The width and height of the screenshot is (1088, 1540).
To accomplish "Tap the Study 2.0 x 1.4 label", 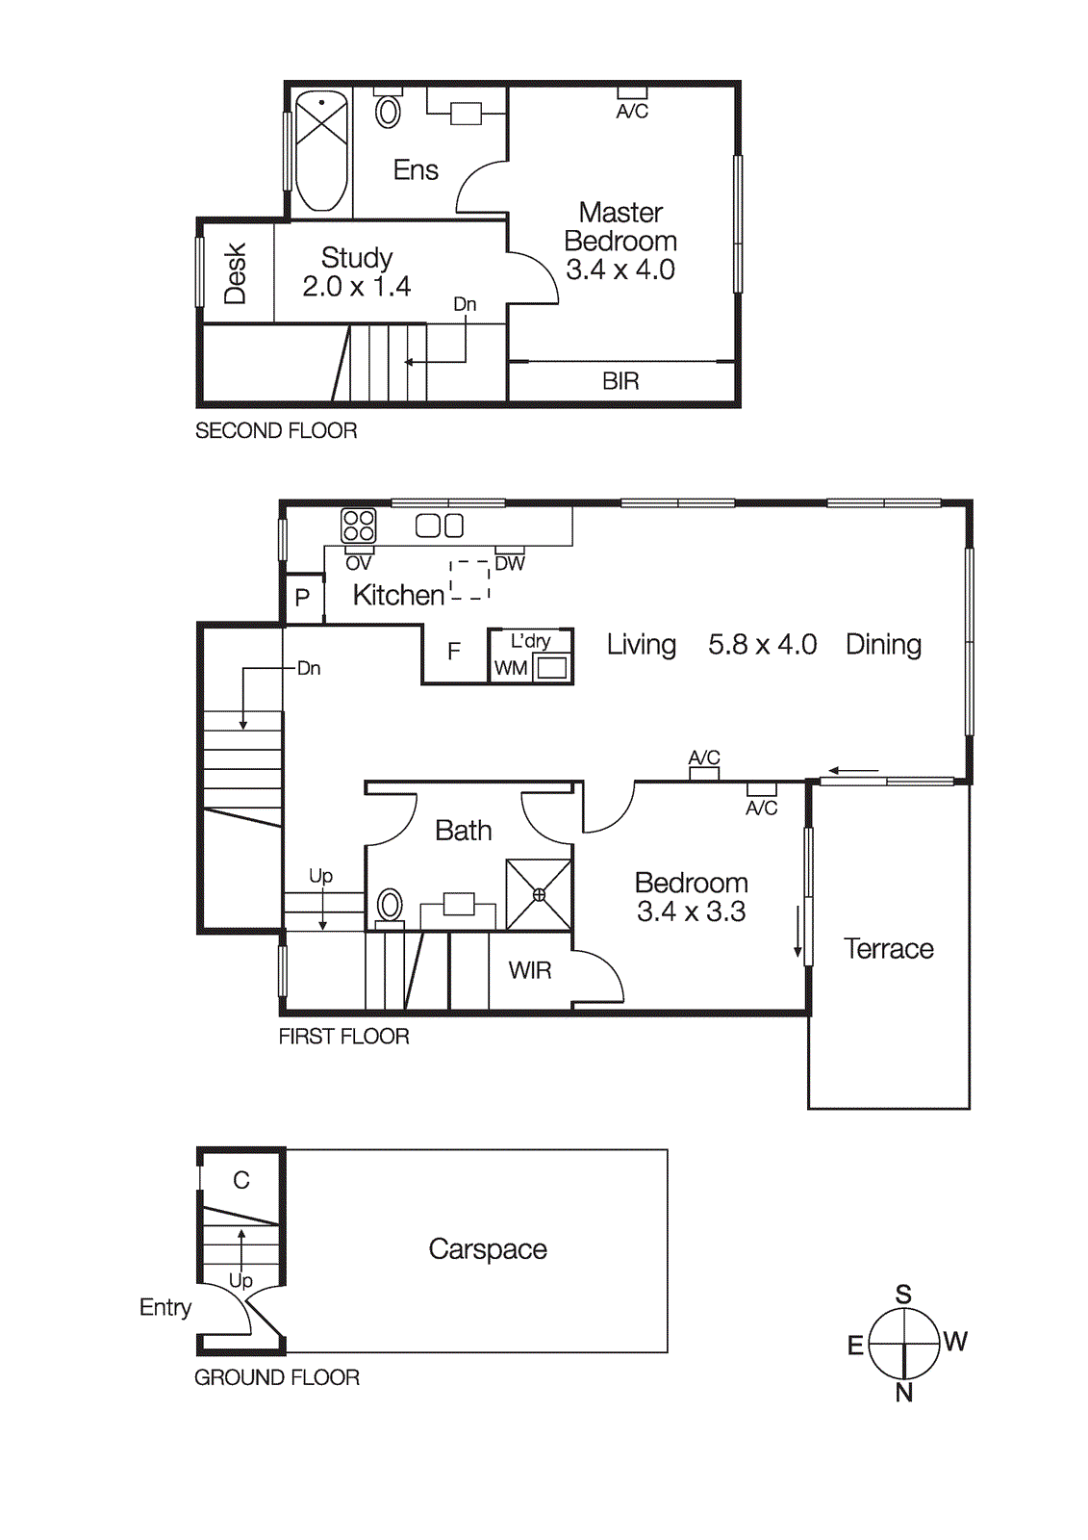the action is [357, 272].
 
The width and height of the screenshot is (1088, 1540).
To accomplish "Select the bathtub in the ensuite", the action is [321, 152].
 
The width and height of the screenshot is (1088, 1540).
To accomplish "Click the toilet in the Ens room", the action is [389, 109].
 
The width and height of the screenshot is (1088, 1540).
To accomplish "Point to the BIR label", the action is [620, 381].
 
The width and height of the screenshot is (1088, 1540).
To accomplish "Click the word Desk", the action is [236, 273].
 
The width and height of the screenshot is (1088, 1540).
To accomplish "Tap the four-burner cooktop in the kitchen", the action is [359, 526].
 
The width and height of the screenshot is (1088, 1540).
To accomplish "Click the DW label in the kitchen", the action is [510, 564].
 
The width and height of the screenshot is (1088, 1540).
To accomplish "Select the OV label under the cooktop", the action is [359, 564].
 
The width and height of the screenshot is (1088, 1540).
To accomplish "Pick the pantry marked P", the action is [302, 598].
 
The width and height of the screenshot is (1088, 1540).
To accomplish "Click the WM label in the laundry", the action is [511, 668].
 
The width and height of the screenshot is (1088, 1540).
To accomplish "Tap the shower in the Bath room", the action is [539, 894].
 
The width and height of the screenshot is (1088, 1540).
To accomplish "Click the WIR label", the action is [530, 970].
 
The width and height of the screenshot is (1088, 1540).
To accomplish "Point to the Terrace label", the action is [889, 949].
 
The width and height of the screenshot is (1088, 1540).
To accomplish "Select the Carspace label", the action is [488, 1249].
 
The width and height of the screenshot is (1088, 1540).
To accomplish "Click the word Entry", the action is [164, 1308].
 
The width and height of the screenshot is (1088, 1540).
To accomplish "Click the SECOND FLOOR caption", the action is [276, 430].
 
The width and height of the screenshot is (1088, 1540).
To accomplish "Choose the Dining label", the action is [884, 645].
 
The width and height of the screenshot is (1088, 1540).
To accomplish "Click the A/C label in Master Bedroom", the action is [632, 112].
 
